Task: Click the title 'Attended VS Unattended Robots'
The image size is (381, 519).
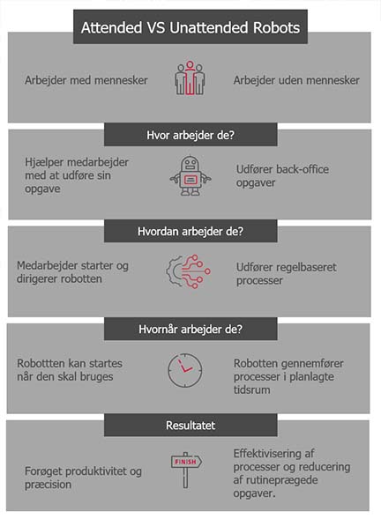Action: coord(190,27)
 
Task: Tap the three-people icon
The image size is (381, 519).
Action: coord(190,78)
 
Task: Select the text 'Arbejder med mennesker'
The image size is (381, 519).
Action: coord(86,80)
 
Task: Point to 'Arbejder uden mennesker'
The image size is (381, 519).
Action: coord(296,80)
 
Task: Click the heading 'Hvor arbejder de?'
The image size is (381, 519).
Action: coord(190,135)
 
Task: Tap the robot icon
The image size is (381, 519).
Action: coord(190,175)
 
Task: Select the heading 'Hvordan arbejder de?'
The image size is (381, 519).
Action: coord(190,232)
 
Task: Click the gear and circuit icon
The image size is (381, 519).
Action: coord(188,271)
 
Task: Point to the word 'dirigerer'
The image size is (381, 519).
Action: coord(37,279)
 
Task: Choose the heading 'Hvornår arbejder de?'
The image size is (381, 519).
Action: coord(190,330)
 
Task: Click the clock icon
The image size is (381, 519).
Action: coord(185,370)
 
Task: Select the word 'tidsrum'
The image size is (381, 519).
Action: coord(251,390)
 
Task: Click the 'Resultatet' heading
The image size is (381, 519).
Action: coord(190,426)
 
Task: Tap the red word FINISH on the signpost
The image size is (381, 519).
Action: coord(185,462)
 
